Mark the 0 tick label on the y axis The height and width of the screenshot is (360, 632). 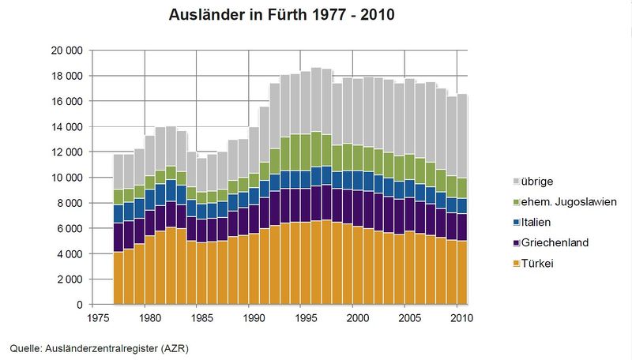point(79,305)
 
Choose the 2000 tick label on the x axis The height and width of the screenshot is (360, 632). point(358,319)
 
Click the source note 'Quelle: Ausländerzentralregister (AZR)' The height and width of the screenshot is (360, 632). point(100,347)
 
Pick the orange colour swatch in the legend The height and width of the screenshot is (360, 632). point(518,263)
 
